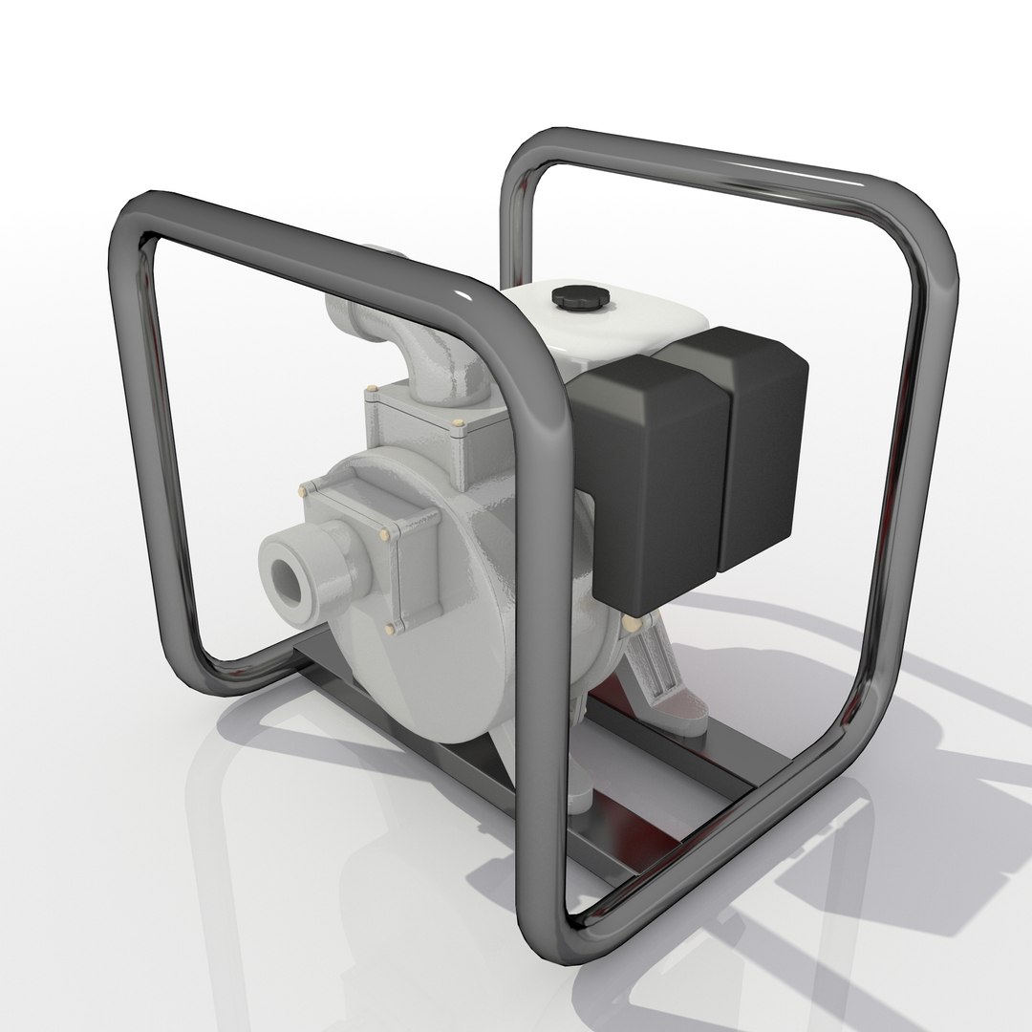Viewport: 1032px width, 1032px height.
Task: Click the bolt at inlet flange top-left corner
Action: click(305, 490)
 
